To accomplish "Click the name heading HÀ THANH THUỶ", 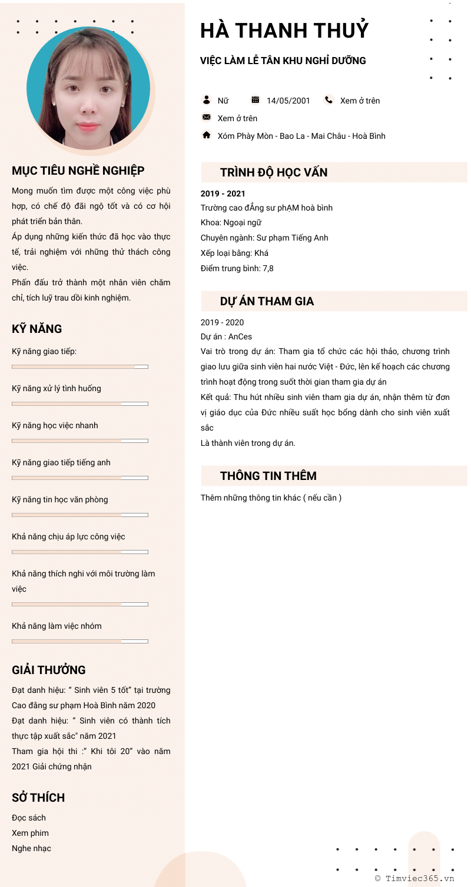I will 284,31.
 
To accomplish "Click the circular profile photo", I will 88,88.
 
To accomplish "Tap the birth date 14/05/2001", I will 288,101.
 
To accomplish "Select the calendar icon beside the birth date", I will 255,100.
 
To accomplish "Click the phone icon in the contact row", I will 329,100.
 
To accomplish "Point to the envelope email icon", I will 207,118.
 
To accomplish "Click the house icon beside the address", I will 207,135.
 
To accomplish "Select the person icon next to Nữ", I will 207,100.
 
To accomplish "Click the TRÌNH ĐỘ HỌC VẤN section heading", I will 274,172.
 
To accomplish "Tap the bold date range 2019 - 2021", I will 223,194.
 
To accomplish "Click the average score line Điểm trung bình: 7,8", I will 237,268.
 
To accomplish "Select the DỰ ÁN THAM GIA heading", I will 267,301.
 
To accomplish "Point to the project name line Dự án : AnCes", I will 226,337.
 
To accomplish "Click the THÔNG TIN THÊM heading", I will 268,476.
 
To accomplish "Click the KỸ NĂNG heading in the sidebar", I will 37,329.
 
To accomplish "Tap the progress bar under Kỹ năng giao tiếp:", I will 80,366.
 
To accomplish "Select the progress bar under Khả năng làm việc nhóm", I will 80,641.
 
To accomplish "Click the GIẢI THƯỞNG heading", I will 49,670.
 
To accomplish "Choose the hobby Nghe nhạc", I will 31,848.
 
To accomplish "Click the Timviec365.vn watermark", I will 415,878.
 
